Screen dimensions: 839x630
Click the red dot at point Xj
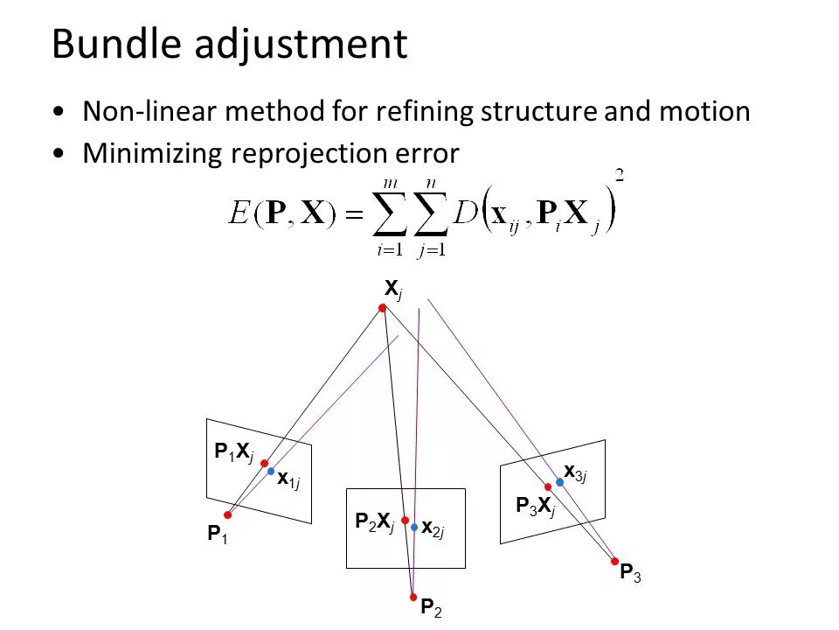tap(382, 308)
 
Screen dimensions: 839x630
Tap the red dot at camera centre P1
tap(227, 515)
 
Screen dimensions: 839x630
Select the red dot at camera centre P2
tap(413, 598)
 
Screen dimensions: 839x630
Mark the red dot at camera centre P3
tap(615, 562)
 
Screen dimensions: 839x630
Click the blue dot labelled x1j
tap(271, 471)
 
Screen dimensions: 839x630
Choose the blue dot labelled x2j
tap(414, 528)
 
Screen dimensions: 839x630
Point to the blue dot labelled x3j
tap(559, 482)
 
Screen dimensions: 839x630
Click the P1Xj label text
tap(233, 452)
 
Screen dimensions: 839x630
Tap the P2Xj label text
tap(374, 522)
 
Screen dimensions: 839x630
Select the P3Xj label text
tap(535, 506)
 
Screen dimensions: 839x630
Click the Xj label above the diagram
tap(393, 289)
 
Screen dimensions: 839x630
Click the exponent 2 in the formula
tap(619, 175)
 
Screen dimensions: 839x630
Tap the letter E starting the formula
tap(238, 215)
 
